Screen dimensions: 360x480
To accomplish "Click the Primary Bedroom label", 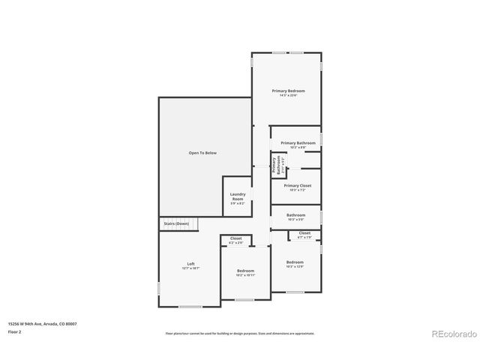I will [x=288, y=91].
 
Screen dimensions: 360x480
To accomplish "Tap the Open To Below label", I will [x=202, y=153].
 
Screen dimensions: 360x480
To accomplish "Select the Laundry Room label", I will [x=237, y=196].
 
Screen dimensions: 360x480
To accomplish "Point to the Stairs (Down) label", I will [x=172, y=223].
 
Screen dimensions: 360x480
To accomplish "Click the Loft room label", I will [x=190, y=263].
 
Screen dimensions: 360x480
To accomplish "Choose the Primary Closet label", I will [x=297, y=185].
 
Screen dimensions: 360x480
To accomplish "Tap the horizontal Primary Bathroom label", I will [x=298, y=142].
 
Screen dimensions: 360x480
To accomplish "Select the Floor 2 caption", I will [x=15, y=331].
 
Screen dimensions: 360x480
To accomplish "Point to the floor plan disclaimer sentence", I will [x=240, y=333].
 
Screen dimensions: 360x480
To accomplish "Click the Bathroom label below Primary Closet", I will [x=295, y=215].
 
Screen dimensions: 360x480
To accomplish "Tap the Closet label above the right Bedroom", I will [x=304, y=233].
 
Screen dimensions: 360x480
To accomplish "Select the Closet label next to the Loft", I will [x=235, y=238].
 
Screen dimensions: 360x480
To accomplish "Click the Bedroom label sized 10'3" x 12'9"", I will [x=294, y=262].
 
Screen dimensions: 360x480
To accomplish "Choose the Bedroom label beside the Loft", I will [x=245, y=271].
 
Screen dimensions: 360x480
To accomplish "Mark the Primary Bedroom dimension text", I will [x=288, y=95].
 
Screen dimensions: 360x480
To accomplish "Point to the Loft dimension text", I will [x=190, y=268].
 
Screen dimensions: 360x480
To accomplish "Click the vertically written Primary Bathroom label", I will [x=277, y=165].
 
